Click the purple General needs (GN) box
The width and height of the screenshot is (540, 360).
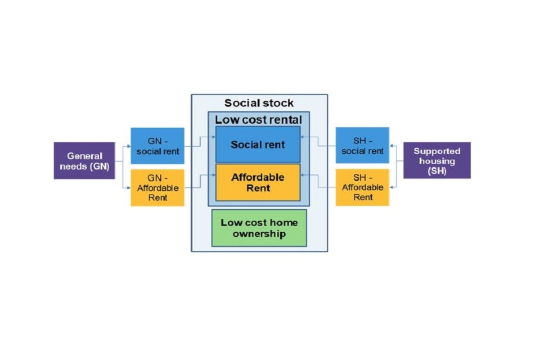point(84,161)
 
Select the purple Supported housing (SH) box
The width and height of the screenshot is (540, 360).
point(436,160)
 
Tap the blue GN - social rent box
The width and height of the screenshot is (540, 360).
point(157,146)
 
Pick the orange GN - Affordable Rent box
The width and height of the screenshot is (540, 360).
point(157,187)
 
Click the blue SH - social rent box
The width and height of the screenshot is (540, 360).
point(362,145)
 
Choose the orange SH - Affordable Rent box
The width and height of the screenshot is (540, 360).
point(362,187)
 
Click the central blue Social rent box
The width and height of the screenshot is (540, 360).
point(258,145)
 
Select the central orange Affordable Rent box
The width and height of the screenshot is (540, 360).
point(258,182)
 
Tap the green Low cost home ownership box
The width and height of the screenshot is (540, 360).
point(259,228)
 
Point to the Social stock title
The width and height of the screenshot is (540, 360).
point(259,103)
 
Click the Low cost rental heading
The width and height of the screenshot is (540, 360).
point(258,120)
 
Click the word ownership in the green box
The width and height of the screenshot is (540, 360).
point(259,234)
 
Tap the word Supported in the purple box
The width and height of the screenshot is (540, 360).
point(437,151)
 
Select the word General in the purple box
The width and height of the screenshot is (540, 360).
point(85,156)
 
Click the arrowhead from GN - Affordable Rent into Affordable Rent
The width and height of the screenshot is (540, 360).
point(214,175)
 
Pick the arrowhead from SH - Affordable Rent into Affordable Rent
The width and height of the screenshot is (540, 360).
point(302,175)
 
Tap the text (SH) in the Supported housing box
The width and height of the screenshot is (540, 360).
point(437,171)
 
